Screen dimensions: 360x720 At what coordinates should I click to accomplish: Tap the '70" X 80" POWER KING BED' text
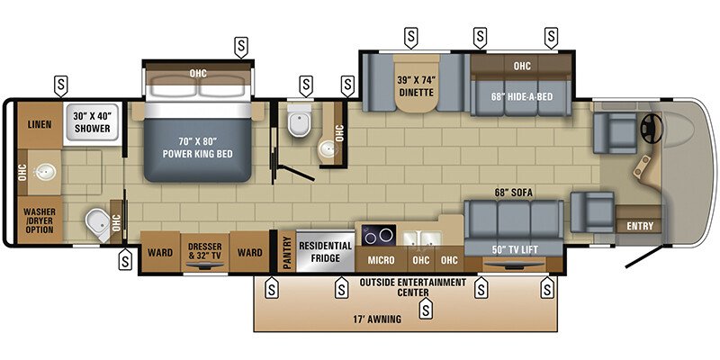point(197,146)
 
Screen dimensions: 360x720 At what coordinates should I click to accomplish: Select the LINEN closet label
point(39,124)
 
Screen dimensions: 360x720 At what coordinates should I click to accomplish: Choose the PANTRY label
point(287,249)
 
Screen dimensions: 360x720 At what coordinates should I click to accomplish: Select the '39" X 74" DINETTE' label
point(415,85)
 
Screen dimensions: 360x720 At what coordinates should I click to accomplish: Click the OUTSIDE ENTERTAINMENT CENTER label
point(412,287)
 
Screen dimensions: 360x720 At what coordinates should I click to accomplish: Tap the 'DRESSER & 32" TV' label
point(204,252)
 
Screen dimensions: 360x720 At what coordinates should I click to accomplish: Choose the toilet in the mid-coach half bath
point(296,121)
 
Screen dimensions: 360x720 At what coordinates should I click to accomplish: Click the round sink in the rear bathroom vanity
point(42,169)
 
